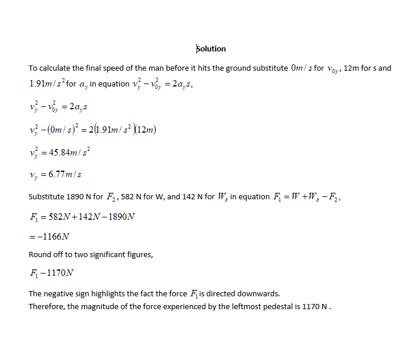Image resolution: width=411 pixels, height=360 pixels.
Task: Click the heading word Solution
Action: (x=211, y=49)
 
